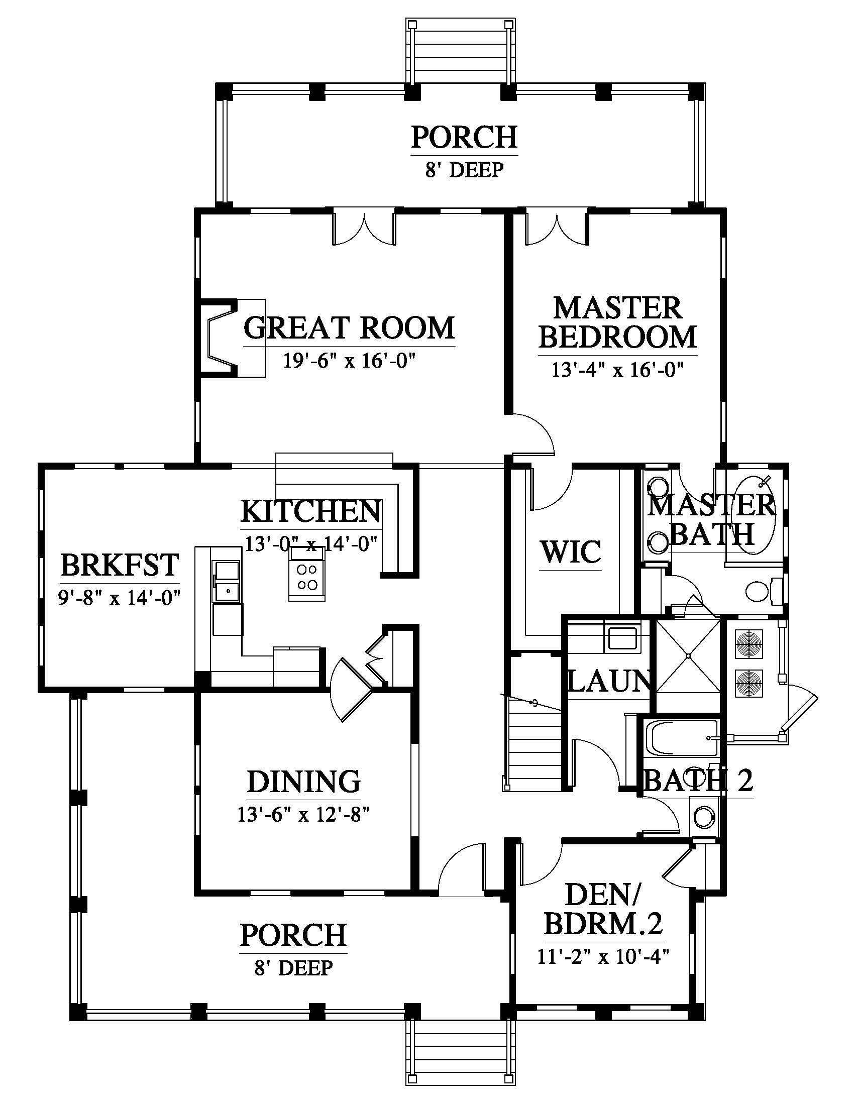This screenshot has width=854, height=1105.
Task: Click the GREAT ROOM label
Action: [x=349, y=327]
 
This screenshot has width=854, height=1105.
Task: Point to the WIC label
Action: [x=571, y=551]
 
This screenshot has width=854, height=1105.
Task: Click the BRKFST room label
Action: [x=120, y=565]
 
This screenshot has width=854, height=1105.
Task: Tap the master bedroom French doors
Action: [x=557, y=229]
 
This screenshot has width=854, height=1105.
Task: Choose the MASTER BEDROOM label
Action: [x=617, y=323]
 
